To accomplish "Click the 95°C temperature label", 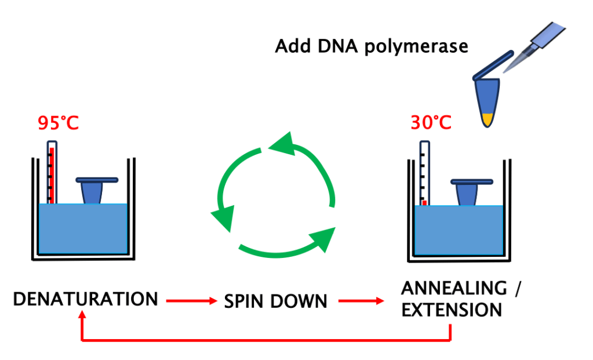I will pos(59,123).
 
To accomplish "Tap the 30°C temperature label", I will pos(431,123).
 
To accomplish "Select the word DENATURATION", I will pos(85,299).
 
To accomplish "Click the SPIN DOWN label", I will pos(275,301).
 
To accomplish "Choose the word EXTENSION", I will pos(452,310).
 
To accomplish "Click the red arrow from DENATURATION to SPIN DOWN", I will pos(189,301).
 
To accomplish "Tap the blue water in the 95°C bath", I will pos(83,229).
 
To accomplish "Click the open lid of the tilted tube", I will pos(493,64).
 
